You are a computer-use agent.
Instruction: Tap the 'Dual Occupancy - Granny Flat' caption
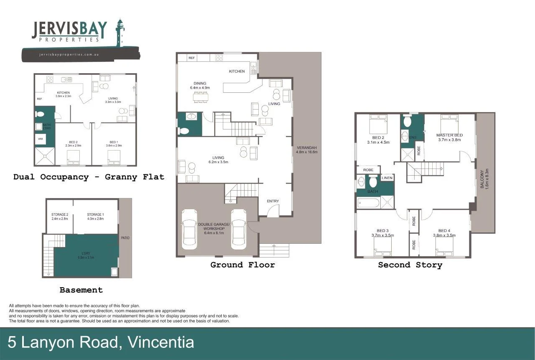tap(89, 177)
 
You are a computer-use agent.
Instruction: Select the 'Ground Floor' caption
tap(242, 265)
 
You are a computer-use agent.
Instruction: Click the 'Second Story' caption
tap(410, 265)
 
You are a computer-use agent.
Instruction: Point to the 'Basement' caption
tap(81, 290)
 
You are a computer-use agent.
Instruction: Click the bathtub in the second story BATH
tap(368, 203)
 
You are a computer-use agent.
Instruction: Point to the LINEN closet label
tap(387, 178)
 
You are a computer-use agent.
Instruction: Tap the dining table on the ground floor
tap(201, 97)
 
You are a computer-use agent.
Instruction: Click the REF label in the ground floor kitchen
tap(191, 58)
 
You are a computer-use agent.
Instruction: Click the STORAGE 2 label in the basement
tap(60, 216)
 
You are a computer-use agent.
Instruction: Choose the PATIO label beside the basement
tap(125, 238)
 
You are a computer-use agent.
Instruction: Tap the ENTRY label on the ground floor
tap(273, 201)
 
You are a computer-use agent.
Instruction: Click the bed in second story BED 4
tap(444, 251)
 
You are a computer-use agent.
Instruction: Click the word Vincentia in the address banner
tap(161, 342)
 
